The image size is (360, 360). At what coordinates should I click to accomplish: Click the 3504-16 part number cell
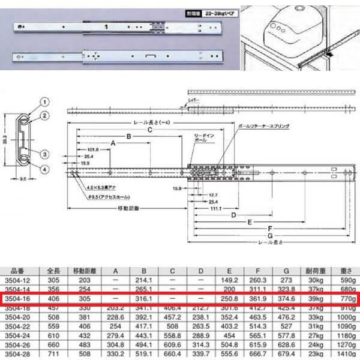18,298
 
